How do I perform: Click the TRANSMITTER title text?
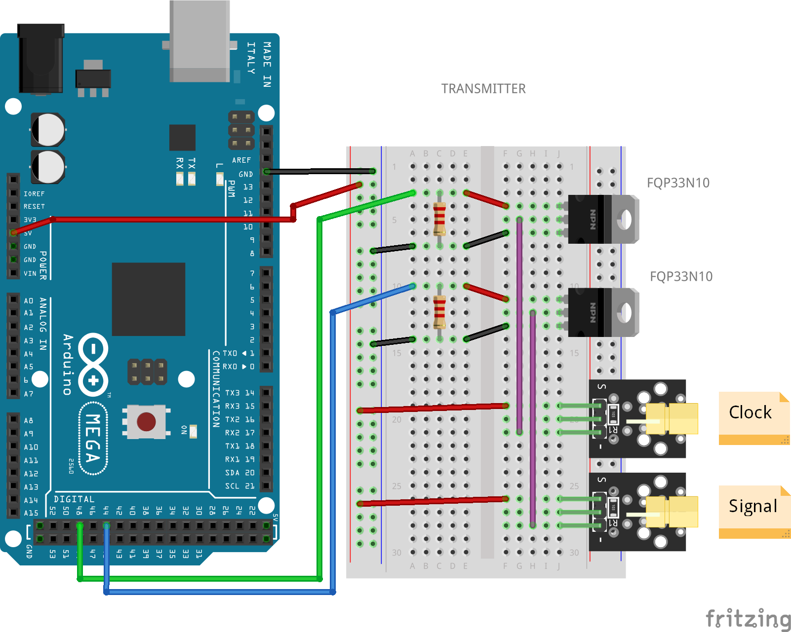coord(483,89)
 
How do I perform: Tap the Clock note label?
coord(750,412)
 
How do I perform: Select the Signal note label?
coord(752,506)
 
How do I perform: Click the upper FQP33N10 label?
coord(678,183)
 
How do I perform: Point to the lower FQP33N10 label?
coord(681,277)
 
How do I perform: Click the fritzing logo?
coord(748,619)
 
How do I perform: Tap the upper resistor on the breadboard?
coord(439,219)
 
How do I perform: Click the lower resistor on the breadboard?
coord(439,312)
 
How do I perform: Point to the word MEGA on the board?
coord(93,438)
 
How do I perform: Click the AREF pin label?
coord(241,160)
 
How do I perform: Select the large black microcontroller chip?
coord(148,299)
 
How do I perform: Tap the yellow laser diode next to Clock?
coord(672,418)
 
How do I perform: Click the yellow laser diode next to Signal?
coord(672,512)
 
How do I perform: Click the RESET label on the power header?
coord(34,207)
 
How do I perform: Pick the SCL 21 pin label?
coord(239,486)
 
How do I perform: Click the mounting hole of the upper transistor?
coord(626,219)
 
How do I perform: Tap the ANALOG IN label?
coord(43,324)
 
